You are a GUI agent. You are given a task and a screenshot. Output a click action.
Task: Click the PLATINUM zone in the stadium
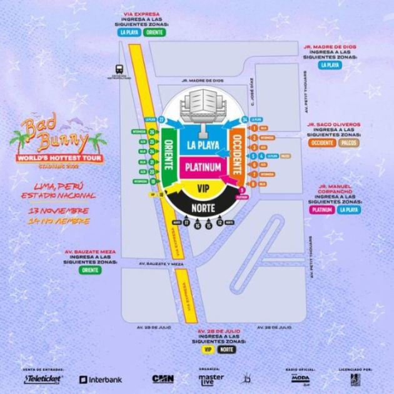pos(203,168)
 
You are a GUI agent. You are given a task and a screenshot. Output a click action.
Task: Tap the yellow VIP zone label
pos(202,188)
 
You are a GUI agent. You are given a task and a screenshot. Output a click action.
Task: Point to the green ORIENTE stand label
pos(168,158)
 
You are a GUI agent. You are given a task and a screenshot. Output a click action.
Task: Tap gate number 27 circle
pos(161,118)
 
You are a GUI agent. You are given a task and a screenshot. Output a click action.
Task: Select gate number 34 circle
pos(245,118)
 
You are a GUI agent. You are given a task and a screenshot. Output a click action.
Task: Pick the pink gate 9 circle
pos(242,188)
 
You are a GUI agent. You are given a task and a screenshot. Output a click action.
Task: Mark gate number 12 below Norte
pos(220,222)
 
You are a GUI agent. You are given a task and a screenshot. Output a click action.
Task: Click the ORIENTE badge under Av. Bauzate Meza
pos(90,270)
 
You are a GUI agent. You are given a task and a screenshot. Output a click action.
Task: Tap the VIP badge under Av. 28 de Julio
pos(207,350)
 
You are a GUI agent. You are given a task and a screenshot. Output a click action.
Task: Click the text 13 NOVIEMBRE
pos(58,211)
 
